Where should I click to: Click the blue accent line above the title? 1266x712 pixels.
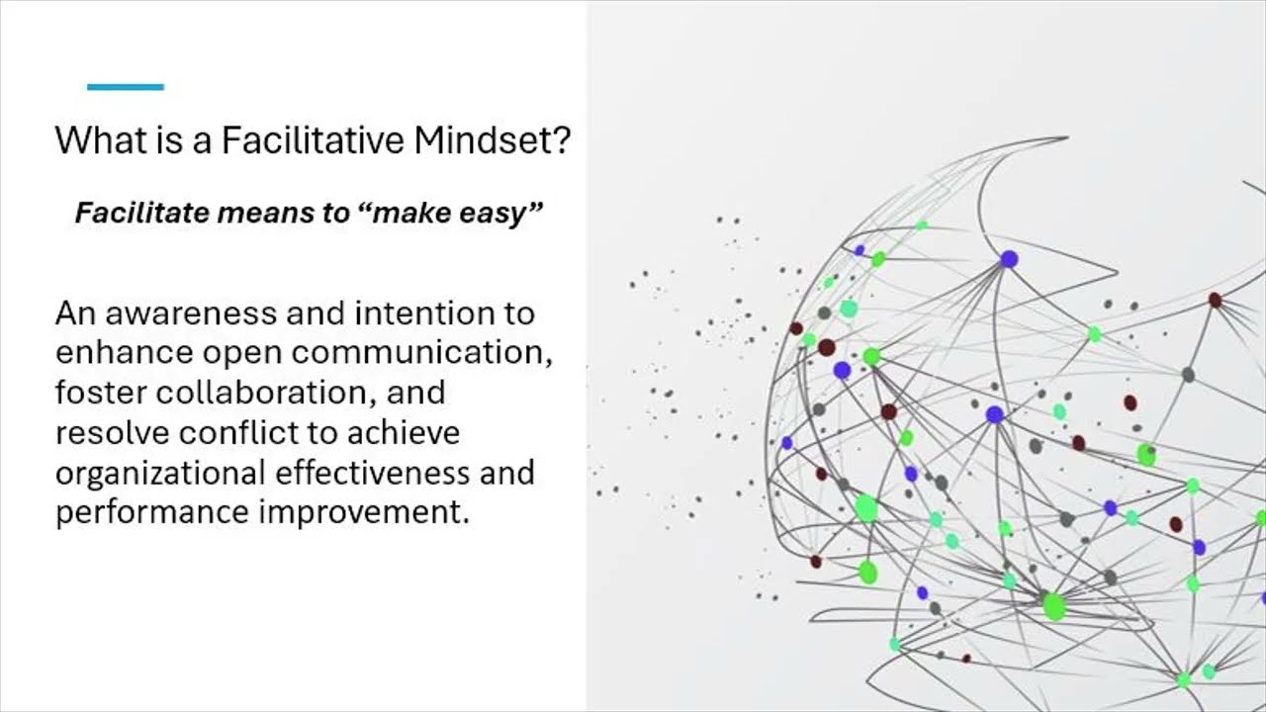pyautogui.click(x=126, y=87)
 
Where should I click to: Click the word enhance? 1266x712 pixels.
pyautogui.click(x=125, y=353)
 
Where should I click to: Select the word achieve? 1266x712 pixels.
pyautogui.click(x=404, y=433)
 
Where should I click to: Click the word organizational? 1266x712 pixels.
pyautogui.click(x=160, y=474)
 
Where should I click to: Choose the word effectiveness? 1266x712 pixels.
pyautogui.click(x=372, y=473)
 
